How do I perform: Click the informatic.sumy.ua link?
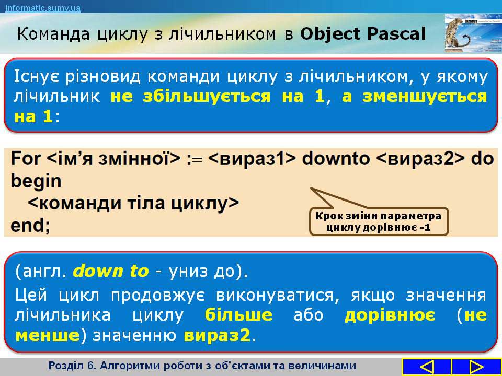click(43, 8)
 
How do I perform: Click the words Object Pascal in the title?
click(363, 34)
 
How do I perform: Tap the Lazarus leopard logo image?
click(473, 33)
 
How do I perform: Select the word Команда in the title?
click(53, 34)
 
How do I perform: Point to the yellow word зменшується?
click(425, 96)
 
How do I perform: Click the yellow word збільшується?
click(207, 96)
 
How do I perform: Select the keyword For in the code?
click(26, 158)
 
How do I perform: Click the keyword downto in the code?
click(336, 158)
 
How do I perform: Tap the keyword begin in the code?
click(36, 182)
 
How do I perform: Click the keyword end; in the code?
click(30, 225)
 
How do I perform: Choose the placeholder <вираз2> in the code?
click(420, 158)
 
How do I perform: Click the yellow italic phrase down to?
click(111, 271)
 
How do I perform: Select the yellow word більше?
click(238, 315)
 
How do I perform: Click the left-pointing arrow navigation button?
click(427, 367)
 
